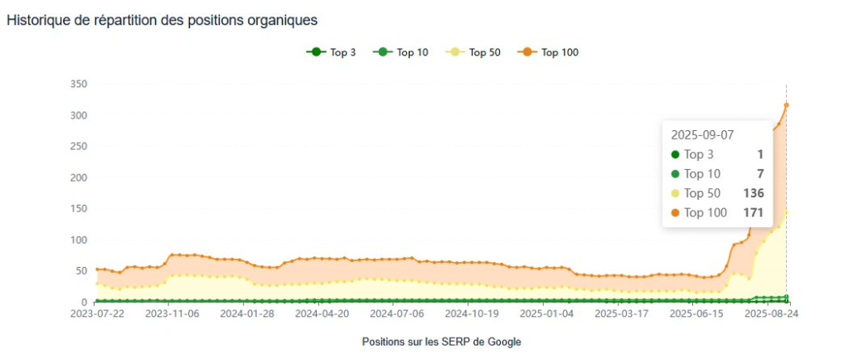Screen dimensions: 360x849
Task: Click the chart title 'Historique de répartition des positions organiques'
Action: pos(162,19)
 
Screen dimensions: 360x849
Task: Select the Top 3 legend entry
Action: pos(331,52)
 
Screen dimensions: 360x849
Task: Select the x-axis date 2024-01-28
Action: pos(249,314)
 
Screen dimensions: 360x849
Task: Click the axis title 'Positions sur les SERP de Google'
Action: pos(441,342)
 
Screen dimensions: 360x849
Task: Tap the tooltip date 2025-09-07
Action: pos(702,134)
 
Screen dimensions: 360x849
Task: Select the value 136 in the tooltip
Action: pos(754,193)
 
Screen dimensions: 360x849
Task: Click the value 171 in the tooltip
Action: pos(754,213)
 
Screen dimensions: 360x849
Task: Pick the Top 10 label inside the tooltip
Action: pos(702,174)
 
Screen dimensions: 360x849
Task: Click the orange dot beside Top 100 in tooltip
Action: pos(675,213)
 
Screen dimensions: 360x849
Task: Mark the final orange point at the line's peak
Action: pos(786,105)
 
